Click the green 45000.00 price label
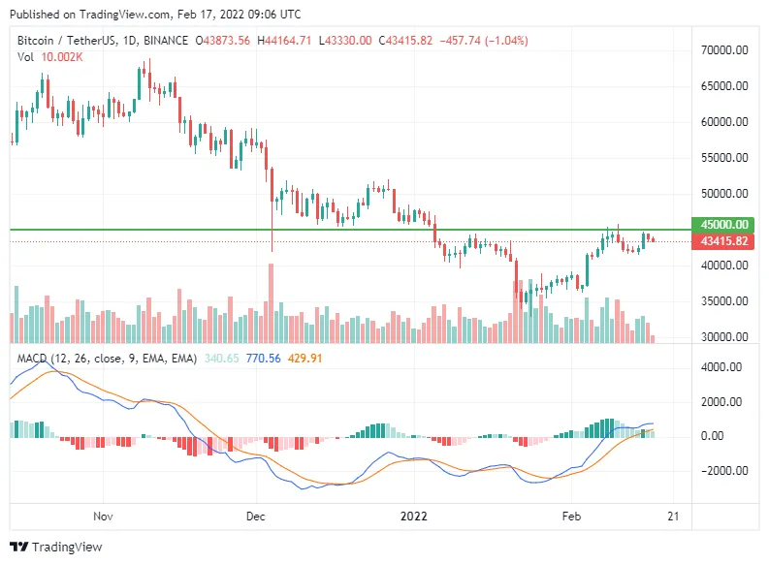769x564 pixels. click(x=722, y=225)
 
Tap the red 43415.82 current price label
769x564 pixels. click(x=722, y=241)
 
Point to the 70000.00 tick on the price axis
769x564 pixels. click(x=724, y=50)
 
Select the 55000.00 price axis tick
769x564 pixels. click(x=724, y=158)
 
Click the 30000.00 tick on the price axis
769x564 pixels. click(x=724, y=337)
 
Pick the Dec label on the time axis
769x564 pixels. click(x=255, y=517)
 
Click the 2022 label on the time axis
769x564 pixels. click(x=414, y=517)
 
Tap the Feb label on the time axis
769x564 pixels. click(x=571, y=517)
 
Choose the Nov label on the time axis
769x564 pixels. click(x=103, y=517)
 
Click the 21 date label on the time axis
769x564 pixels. click(x=673, y=517)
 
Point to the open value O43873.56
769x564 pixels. click(x=223, y=41)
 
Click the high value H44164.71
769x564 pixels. click(x=284, y=41)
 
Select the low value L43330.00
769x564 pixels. click(x=345, y=41)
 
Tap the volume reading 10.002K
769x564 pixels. click(x=62, y=57)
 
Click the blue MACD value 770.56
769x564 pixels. click(x=264, y=359)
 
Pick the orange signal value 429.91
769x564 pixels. click(x=305, y=359)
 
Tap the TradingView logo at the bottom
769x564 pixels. click(x=56, y=547)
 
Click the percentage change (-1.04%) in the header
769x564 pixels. click(x=506, y=41)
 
